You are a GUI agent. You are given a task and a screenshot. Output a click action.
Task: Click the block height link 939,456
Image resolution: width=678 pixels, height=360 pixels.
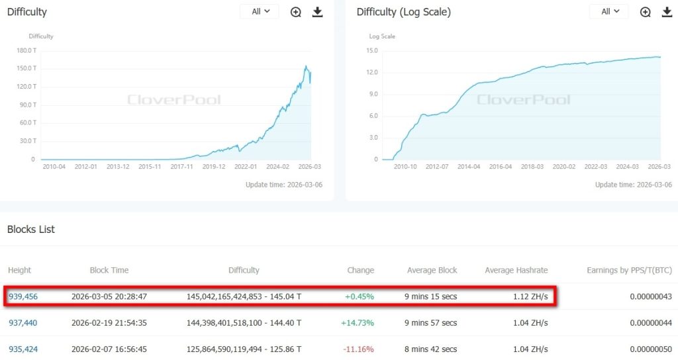[23, 296]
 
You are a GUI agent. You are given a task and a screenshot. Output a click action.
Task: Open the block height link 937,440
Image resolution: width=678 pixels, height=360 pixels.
[23, 323]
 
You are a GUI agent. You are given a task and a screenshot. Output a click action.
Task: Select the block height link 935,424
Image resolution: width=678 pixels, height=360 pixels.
[23, 349]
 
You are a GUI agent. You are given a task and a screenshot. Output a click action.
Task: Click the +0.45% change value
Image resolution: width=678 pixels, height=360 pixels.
[360, 296]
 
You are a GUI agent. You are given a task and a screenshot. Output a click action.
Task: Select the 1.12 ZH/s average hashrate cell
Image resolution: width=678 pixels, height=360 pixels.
[530, 296]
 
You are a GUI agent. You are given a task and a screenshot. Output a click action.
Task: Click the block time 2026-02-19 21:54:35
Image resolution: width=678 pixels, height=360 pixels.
[109, 323]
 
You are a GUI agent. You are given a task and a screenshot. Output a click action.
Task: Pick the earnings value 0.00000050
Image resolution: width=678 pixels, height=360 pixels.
[652, 349]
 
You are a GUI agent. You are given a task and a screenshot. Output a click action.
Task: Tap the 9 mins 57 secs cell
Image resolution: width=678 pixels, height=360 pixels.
[430, 323]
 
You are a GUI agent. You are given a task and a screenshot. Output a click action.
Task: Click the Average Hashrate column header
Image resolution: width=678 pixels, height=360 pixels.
[516, 270]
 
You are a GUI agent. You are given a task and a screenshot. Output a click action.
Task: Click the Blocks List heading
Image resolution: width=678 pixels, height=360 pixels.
[31, 230]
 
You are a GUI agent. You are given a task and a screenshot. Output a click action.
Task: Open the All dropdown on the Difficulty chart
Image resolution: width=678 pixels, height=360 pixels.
[259, 12]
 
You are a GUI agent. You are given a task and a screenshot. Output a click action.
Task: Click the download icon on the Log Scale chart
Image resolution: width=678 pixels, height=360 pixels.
[667, 12]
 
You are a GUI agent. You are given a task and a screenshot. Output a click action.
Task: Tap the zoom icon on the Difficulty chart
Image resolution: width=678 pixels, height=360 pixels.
[296, 12]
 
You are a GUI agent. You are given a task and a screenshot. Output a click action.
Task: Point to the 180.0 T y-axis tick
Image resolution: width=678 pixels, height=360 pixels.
[26, 50]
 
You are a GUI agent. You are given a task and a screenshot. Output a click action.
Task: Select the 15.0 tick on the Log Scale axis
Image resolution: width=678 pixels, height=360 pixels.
[372, 50]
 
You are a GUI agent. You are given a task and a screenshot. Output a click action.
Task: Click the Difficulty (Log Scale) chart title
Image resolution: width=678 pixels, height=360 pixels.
[403, 12]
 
